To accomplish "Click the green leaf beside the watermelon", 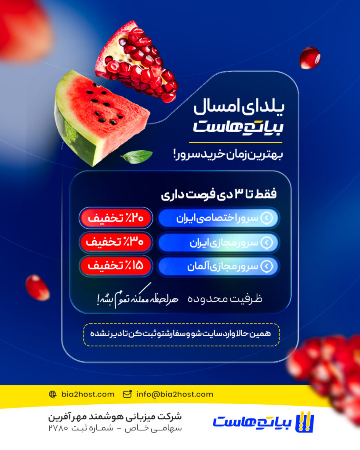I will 137,156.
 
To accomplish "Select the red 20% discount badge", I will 116,218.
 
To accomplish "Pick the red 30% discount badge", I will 116,242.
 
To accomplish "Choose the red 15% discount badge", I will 116,266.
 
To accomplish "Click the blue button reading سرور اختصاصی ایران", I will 218,218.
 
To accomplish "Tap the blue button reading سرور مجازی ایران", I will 218,242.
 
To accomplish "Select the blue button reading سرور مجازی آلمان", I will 218,266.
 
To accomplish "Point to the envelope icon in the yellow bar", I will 127,394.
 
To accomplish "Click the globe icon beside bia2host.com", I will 53,394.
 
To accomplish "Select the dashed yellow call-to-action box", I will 181,334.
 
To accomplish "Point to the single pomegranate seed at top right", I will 310,58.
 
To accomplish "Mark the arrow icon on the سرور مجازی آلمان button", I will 267,266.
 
